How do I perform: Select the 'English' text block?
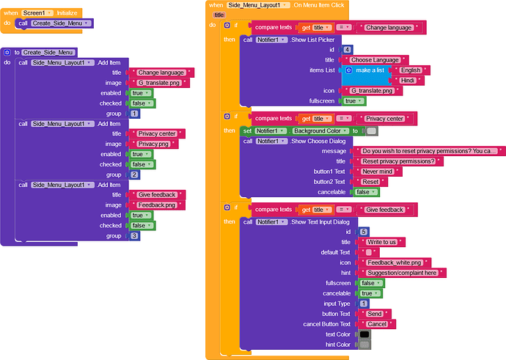pyautogui.click(x=411, y=70)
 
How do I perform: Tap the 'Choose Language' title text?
pyautogui.click(x=375, y=59)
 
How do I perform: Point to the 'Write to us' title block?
pyautogui.click(x=382, y=241)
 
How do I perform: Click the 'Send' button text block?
pyautogui.click(x=374, y=313)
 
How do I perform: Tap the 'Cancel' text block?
pyautogui.click(x=377, y=323)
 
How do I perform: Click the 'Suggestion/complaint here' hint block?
pyautogui.click(x=404, y=272)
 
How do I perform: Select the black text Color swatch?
pyautogui.click(x=363, y=334)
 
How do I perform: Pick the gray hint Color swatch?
pyautogui.click(x=363, y=345)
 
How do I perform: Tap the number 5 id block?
pyautogui.click(x=364, y=231)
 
